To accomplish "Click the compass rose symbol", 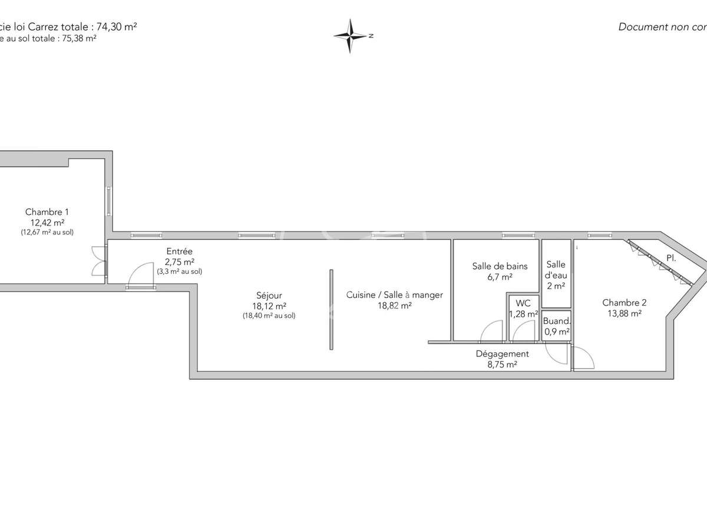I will click(351, 36).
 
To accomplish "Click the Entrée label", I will click(179, 251).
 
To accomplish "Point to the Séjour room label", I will click(269, 296).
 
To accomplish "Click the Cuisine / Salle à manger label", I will click(394, 295).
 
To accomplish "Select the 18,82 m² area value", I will click(394, 306).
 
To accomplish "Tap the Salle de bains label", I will click(500, 266).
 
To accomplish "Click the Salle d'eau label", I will click(556, 270).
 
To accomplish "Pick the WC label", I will click(523, 304).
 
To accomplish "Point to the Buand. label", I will click(556, 322).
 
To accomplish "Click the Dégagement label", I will click(502, 354).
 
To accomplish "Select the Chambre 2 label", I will click(624, 303).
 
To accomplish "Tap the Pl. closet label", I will click(671, 258).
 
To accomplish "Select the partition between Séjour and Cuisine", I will click(331, 310).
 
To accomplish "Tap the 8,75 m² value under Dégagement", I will click(502, 365).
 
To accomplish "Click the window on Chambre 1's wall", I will click(109, 201).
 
